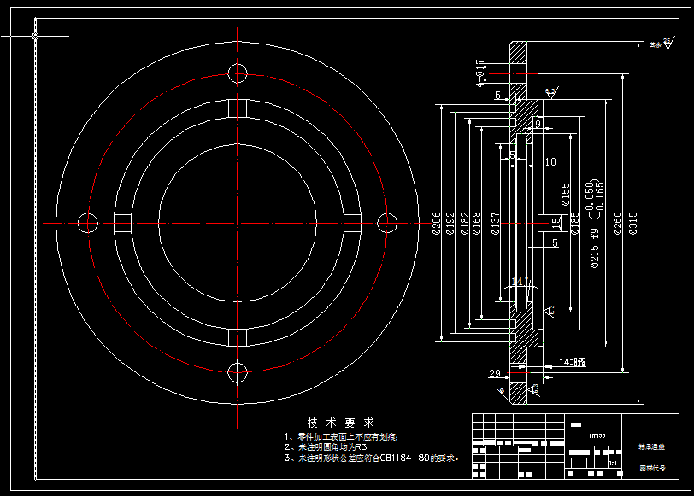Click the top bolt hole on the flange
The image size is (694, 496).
[x=238, y=73]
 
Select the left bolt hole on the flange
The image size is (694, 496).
[x=88, y=223]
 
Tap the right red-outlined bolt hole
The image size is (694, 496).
[x=388, y=223]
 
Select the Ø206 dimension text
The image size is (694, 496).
[x=437, y=223]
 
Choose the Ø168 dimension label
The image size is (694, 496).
[x=477, y=223]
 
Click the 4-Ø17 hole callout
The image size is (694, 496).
[x=480, y=72]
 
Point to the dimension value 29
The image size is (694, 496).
[x=494, y=373]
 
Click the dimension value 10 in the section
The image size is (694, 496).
[x=550, y=162]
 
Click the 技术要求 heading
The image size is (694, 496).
[x=340, y=423]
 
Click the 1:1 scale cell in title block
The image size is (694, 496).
[x=613, y=463]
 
